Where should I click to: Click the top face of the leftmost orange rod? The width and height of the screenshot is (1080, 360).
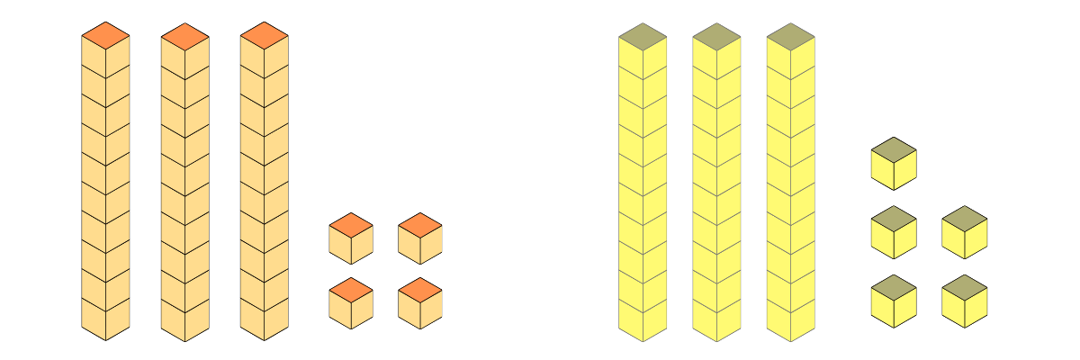(105, 36)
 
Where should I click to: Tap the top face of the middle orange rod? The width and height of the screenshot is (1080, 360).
(184, 36)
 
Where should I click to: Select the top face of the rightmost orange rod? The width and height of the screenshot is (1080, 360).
(264, 36)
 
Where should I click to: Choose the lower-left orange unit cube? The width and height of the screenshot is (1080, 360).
(351, 303)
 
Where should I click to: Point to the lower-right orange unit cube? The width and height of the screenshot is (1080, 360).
(420, 303)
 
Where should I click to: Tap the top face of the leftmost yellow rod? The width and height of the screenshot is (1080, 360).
(643, 36)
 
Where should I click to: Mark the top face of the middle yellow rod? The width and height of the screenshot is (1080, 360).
(716, 36)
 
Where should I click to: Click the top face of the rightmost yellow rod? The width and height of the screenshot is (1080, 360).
(790, 36)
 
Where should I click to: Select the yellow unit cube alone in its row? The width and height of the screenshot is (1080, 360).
(894, 164)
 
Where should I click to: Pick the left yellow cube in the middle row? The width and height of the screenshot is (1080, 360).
(894, 233)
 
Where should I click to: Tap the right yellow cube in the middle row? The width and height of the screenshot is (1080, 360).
(965, 233)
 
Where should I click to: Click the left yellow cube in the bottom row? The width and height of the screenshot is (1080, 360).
(894, 301)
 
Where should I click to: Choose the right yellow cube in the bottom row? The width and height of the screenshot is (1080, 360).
(965, 301)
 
